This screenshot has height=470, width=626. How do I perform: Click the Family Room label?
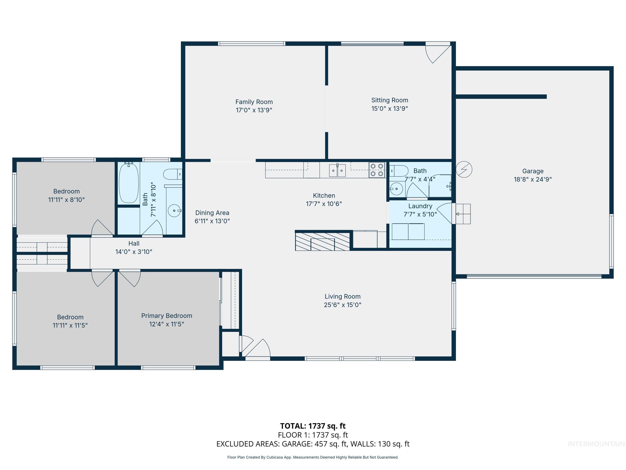[x=254, y=102]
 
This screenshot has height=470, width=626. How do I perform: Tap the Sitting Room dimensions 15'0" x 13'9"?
[x=389, y=109]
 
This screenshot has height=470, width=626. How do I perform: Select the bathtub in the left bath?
[x=129, y=183]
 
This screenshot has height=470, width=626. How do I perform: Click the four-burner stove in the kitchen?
[x=377, y=170]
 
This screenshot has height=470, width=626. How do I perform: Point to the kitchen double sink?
[x=337, y=170]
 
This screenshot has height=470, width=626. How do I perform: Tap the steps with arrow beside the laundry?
[x=463, y=214]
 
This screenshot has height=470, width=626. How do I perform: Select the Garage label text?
[x=533, y=171]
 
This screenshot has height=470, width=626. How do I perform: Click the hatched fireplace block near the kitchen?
[x=322, y=241]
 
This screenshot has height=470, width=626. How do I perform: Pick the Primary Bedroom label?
[x=167, y=316]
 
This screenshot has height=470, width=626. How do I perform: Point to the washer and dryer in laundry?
[x=408, y=231]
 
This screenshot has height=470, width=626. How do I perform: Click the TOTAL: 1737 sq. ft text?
[x=313, y=426]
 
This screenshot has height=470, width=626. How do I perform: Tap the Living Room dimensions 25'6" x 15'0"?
[x=343, y=305]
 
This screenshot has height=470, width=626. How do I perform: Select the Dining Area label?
[x=212, y=213]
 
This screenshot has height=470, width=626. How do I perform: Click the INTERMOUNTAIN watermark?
[x=596, y=444]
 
